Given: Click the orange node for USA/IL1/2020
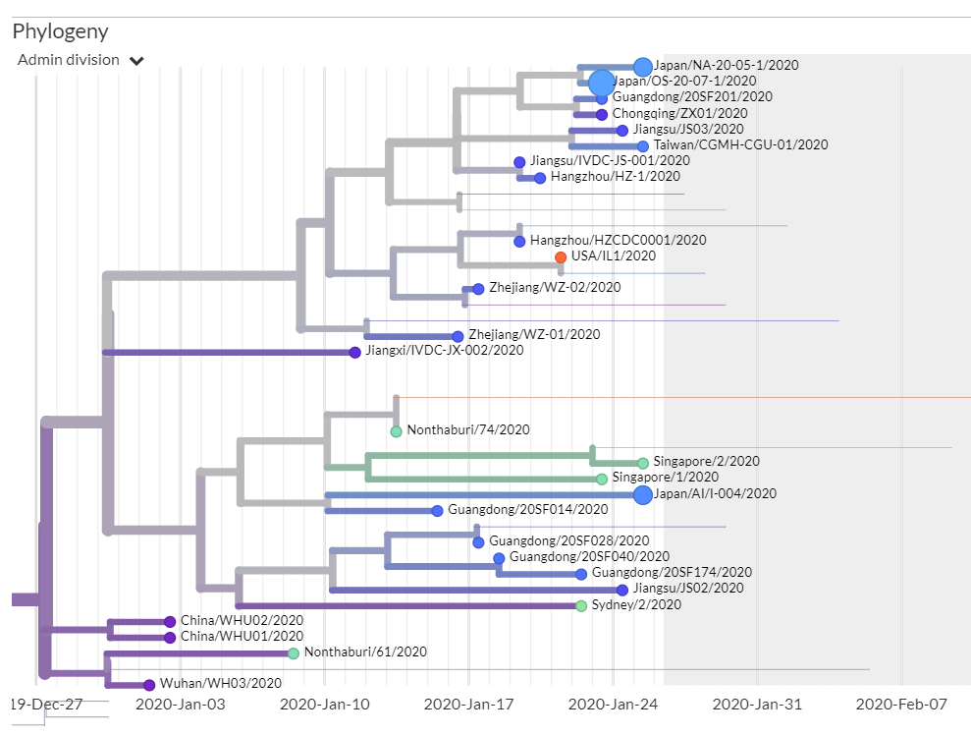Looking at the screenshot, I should pyautogui.click(x=561, y=256).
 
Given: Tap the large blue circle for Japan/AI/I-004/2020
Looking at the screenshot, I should pyautogui.click(x=643, y=494).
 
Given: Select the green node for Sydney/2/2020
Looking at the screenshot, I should pyautogui.click(x=581, y=605).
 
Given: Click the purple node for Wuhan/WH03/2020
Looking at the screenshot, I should pyautogui.click(x=149, y=685).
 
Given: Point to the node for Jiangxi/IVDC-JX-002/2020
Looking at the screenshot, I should pyautogui.click(x=355, y=352).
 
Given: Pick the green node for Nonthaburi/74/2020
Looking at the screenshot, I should pyautogui.click(x=396, y=431).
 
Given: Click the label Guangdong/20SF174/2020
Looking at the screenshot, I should pyautogui.click(x=672, y=573).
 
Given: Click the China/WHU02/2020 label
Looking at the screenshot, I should pyautogui.click(x=242, y=621).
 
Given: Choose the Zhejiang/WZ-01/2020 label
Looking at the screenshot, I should pyautogui.click(x=534, y=335).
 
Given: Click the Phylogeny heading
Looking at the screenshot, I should pyautogui.click(x=60, y=31).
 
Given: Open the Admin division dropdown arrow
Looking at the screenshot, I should pyautogui.click(x=136, y=61).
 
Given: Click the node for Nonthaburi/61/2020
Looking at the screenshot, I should pyautogui.click(x=294, y=653).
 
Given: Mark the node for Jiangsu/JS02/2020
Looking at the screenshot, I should pyautogui.click(x=622, y=590).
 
